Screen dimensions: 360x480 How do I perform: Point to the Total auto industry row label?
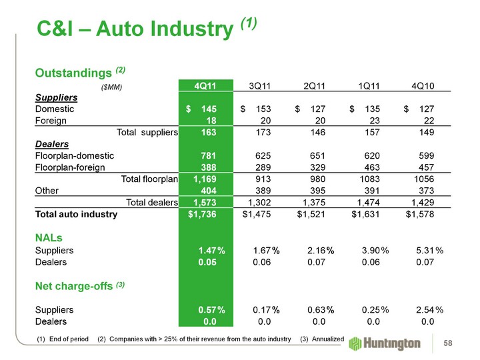coord(76,215)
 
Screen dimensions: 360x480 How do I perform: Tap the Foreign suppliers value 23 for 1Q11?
coord(373,120)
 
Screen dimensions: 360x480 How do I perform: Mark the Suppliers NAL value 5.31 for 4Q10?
coord(422,250)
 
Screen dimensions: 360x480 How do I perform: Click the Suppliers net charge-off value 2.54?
coord(422,310)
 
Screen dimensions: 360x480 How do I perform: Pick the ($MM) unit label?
coord(111,87)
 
